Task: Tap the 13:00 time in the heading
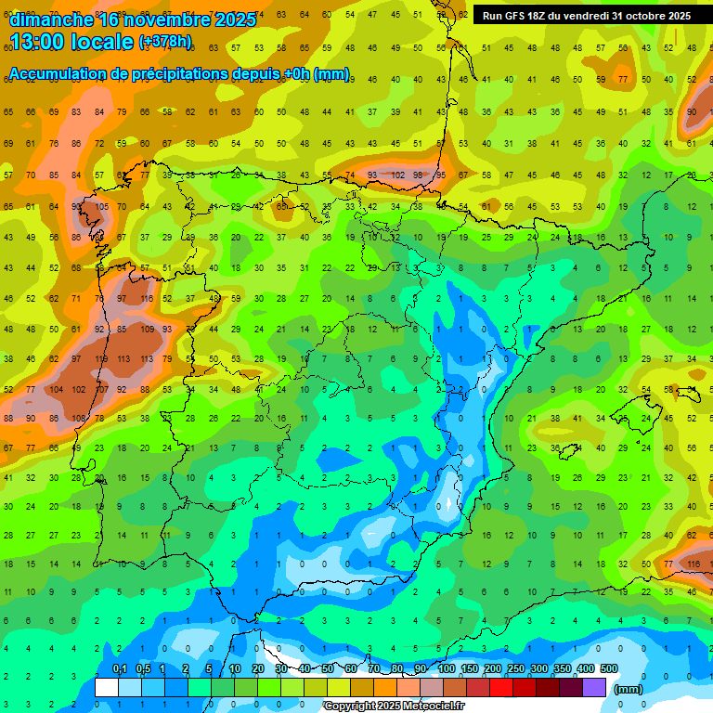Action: point(38,42)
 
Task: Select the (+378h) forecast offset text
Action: point(165,42)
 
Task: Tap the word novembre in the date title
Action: point(166,19)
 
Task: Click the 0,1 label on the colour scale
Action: point(119,669)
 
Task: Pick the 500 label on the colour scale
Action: point(609,669)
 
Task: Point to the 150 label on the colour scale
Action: point(470,669)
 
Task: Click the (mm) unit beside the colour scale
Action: point(629,689)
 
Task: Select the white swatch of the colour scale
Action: point(107,687)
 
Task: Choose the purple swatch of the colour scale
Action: point(594,687)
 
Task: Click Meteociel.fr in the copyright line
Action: point(429,707)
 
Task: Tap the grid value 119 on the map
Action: point(99,359)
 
